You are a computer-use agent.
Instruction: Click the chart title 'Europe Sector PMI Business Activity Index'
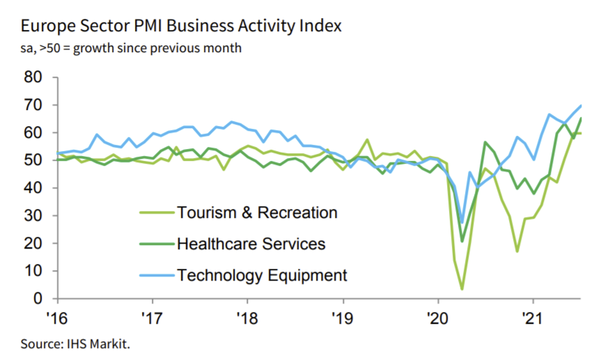(x=181, y=26)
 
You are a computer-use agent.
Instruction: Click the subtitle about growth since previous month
(x=132, y=49)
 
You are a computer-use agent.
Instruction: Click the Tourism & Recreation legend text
(x=257, y=213)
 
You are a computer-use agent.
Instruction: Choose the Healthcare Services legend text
(x=251, y=244)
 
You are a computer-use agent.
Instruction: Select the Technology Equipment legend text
(x=262, y=275)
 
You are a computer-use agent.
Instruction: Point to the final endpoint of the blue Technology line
(x=581, y=106)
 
